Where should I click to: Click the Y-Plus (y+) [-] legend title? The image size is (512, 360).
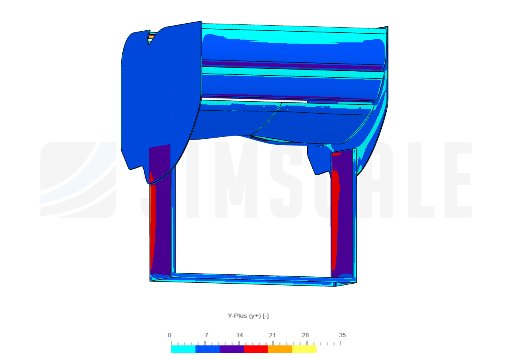(248, 316)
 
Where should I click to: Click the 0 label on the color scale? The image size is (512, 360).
(169, 335)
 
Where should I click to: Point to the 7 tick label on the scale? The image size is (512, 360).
(206, 335)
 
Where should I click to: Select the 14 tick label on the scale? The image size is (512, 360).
(239, 335)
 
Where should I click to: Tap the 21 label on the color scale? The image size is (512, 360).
(272, 335)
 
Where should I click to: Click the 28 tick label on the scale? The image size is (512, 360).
(305, 335)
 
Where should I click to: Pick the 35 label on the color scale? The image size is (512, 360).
(342, 335)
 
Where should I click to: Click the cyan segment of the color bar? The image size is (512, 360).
(183, 349)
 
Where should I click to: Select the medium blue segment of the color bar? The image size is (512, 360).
(208, 349)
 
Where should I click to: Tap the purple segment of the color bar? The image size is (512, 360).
(232, 349)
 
